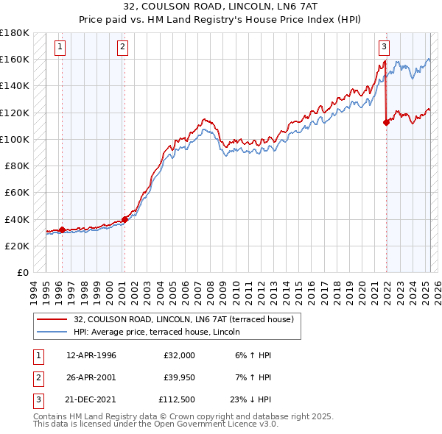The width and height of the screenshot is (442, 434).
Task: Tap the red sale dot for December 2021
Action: [x=386, y=123]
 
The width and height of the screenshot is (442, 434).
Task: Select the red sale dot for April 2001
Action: [x=125, y=218]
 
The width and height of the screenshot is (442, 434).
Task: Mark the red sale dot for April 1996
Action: [x=62, y=230]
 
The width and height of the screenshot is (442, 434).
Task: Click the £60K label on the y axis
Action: [x=17, y=192]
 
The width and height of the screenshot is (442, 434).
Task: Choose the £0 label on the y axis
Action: [x=22, y=272]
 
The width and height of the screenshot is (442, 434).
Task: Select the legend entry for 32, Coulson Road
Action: [x=183, y=319]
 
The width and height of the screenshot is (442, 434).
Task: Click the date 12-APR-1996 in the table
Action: [x=91, y=355]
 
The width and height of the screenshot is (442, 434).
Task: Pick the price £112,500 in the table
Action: [x=177, y=402]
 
